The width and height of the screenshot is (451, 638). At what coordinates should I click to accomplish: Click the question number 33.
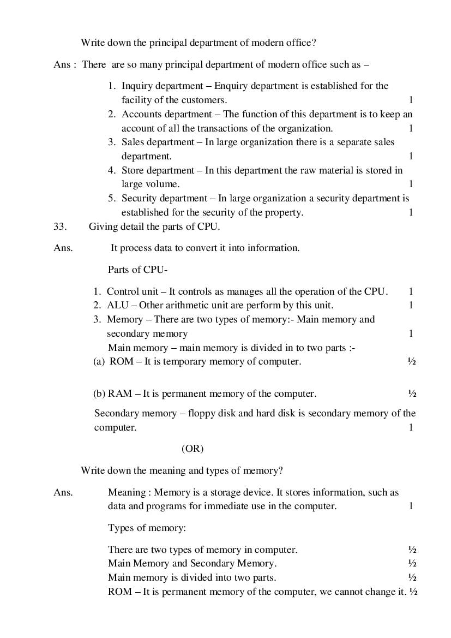point(60,226)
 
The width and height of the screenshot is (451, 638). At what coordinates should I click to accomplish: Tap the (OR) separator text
point(192,449)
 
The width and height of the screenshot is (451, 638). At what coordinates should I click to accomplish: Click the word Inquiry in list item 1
point(138,86)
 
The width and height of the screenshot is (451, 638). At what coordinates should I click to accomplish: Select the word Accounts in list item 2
point(142,114)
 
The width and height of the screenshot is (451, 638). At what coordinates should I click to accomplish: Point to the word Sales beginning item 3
point(133,142)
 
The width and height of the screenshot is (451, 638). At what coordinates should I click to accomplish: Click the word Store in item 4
point(133,170)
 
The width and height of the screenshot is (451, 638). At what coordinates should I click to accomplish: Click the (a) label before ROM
point(99,361)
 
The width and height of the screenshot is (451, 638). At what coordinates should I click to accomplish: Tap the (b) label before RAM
point(100,393)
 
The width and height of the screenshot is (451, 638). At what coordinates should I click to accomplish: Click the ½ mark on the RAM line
point(412,393)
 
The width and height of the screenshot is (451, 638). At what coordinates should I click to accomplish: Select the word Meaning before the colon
point(127,492)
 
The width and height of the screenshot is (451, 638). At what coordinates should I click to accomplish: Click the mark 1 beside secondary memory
point(411,333)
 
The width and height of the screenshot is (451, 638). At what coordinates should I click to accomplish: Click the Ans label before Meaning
point(63,492)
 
